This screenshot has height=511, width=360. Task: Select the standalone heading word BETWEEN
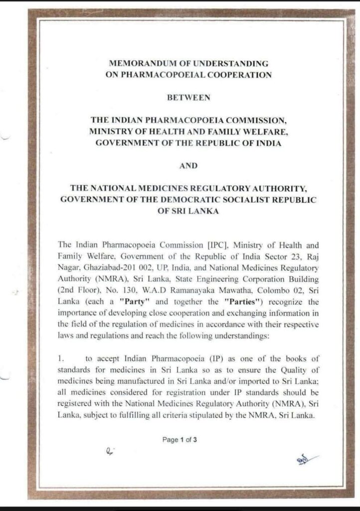coord(188,98)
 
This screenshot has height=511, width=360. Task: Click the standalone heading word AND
coord(188,166)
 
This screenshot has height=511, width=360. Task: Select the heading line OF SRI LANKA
coord(188,211)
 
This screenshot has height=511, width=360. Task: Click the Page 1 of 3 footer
coord(180,440)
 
